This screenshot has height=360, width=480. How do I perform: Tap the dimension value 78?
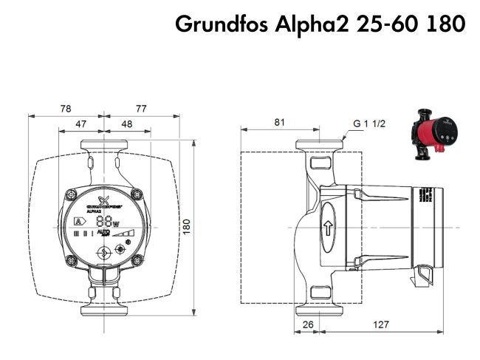tap(66, 109)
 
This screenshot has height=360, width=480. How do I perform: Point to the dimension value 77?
tap(141, 109)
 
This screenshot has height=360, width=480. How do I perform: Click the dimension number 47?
tap(81, 125)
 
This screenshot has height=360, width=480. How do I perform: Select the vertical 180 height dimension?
tap(186, 224)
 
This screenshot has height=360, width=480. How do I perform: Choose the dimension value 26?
tap(307, 325)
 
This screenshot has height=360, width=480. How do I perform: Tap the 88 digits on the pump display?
tap(104, 220)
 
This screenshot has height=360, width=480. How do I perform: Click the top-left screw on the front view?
tap(72, 194)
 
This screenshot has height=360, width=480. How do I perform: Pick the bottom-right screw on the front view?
tap(137, 259)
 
